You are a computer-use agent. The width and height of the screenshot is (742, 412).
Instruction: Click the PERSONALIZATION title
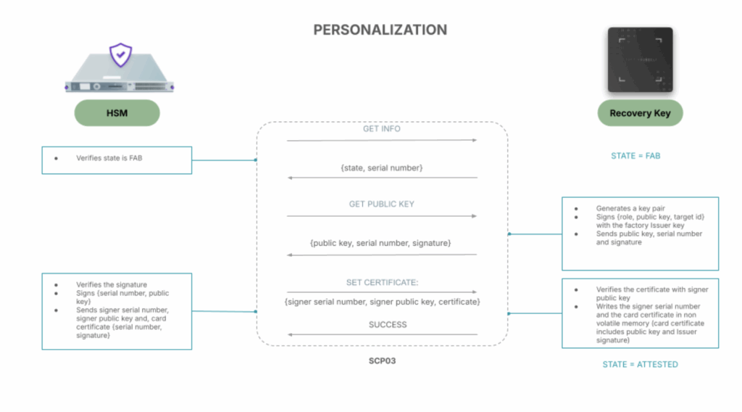tap(380, 30)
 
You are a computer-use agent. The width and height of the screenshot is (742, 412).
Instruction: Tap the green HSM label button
tap(117, 112)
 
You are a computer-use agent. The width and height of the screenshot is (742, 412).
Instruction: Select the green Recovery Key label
tap(640, 112)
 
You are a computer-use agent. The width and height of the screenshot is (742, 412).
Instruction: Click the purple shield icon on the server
tap(121, 55)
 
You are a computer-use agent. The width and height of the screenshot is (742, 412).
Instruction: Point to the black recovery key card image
tap(641, 59)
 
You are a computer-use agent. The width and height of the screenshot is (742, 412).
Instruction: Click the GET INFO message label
tap(381, 129)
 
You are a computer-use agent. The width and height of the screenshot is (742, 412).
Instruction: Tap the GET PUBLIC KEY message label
tap(381, 204)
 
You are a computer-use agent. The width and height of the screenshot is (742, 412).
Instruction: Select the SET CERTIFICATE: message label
tap(382, 282)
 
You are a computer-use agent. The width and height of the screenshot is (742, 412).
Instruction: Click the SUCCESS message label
tap(388, 324)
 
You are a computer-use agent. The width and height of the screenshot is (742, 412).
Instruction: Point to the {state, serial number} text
tap(381, 168)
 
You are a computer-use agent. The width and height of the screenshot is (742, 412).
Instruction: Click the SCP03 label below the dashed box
tap(382, 360)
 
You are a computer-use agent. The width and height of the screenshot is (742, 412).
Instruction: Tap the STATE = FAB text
tap(635, 156)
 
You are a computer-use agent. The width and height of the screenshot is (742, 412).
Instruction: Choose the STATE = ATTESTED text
tap(640, 364)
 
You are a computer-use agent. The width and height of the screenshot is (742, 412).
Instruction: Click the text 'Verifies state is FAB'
tap(109, 158)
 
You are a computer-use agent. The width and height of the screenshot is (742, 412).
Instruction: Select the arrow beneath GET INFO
tap(381, 140)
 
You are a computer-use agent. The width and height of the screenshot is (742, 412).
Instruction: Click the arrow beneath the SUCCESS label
tap(383, 335)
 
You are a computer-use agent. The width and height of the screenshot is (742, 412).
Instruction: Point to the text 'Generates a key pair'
tap(630, 208)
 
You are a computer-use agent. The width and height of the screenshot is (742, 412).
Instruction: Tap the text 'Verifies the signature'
tap(111, 284)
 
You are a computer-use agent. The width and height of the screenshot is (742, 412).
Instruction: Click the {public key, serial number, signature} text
tap(380, 243)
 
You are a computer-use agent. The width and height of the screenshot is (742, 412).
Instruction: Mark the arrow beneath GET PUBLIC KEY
tap(381, 216)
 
